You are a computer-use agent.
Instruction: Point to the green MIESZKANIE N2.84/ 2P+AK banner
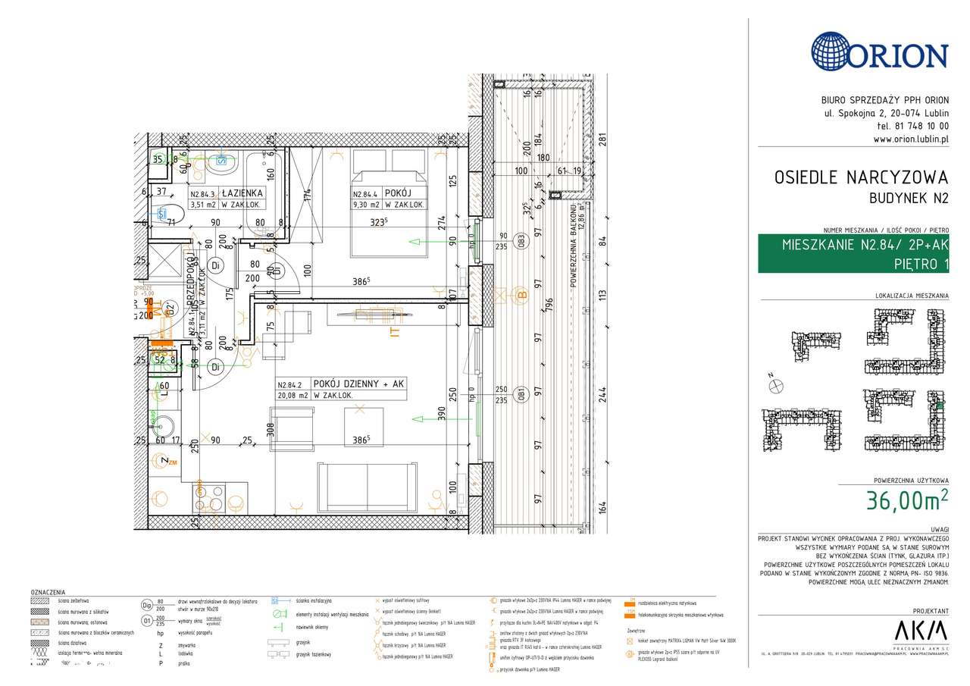click(853, 254)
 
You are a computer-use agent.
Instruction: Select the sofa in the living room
click(368, 487)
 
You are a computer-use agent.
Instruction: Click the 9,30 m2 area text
click(368, 205)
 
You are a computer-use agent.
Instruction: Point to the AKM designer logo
click(921, 631)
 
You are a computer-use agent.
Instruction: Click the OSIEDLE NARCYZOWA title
click(861, 177)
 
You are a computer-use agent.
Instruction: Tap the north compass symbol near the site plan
click(775, 386)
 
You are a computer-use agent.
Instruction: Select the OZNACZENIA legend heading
click(48, 592)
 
